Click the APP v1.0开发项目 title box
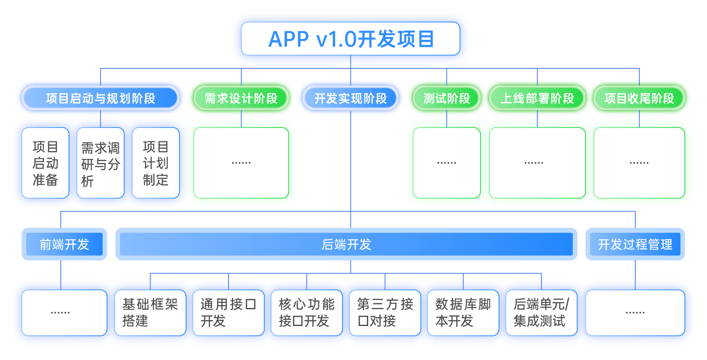pyautogui.click(x=351, y=39)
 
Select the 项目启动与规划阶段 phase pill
pyautogui.click(x=101, y=98)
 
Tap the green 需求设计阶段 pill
pyautogui.click(x=241, y=98)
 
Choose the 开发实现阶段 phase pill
pyautogui.click(x=351, y=98)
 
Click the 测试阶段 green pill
pyautogui.click(x=447, y=98)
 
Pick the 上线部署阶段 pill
pyautogui.click(x=537, y=98)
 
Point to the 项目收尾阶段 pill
pyautogui.click(x=639, y=98)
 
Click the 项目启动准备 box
pyautogui.click(x=45, y=163)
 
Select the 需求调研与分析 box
pyautogui.click(x=101, y=163)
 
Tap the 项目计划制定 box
pyautogui.click(x=156, y=163)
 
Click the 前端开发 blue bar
pyautogui.click(x=64, y=244)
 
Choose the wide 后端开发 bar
pyautogui.click(x=346, y=244)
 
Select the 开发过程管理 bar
pyautogui.click(x=635, y=244)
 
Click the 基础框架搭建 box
pyautogui.click(x=150, y=313)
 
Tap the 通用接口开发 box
pyautogui.click(x=229, y=313)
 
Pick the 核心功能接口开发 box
pyautogui.click(x=307, y=313)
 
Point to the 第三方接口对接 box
pyautogui.click(x=385, y=313)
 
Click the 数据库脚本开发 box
pyautogui.click(x=463, y=313)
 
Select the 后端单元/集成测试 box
pyautogui.click(x=541, y=313)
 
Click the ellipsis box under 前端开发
pyautogui.click(x=64, y=313)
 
